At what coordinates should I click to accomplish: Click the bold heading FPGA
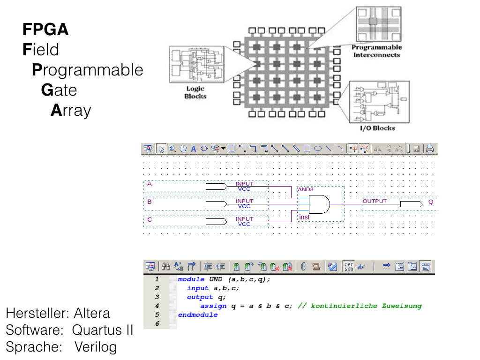pyautogui.click(x=45, y=30)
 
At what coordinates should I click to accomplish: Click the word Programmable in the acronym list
pyautogui.click(x=87, y=70)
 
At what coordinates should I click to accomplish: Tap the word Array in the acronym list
pyautogui.click(x=71, y=111)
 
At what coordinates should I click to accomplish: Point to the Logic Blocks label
pyautogui.click(x=195, y=92)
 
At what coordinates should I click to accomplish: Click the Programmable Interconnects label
pyautogui.click(x=376, y=51)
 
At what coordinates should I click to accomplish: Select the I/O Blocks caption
pyautogui.click(x=377, y=128)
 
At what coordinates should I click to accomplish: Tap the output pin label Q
pyautogui.click(x=431, y=202)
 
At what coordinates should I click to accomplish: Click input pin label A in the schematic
pyautogui.click(x=150, y=184)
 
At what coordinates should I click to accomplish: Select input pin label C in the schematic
pyautogui.click(x=150, y=219)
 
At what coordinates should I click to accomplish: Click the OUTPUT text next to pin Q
pyautogui.click(x=375, y=201)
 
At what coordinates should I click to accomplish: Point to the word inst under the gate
pyautogui.click(x=304, y=217)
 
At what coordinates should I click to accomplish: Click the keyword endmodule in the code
pyautogui.click(x=198, y=315)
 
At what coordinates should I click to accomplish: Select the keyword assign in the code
pyautogui.click(x=213, y=306)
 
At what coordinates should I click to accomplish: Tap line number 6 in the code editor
pyautogui.click(x=157, y=323)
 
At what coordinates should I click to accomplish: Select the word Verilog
pyautogui.click(x=96, y=347)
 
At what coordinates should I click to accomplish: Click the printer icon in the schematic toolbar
pyautogui.click(x=429, y=149)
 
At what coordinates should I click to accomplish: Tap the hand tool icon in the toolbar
pyautogui.click(x=182, y=149)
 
